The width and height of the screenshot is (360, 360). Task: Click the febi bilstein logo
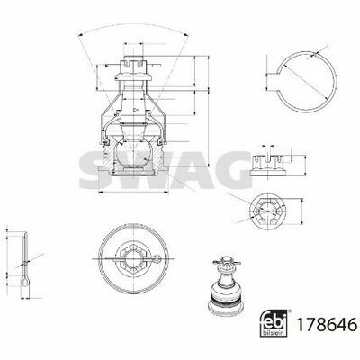pos(274,323)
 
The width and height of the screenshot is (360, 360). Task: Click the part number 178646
pos(327,324)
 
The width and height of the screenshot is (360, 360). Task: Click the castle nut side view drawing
pos(268,166)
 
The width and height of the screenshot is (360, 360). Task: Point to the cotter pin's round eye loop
pos(25,282)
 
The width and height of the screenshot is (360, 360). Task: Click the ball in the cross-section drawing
pos(131,155)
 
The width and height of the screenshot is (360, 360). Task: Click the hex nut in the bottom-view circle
pos(133,258)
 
